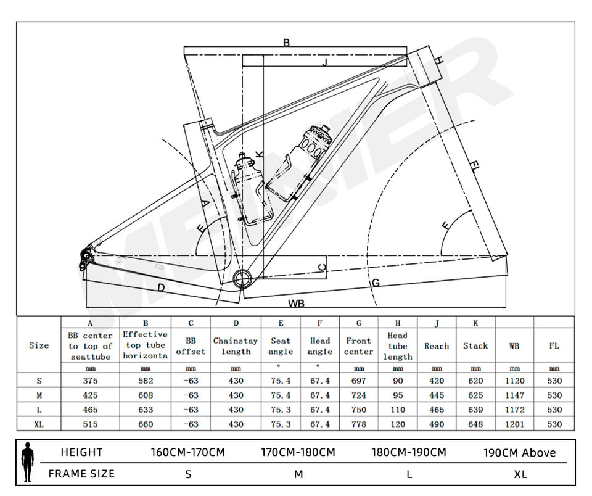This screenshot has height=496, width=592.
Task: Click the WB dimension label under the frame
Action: pyautogui.click(x=296, y=304)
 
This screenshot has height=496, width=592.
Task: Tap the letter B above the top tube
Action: pyautogui.click(x=286, y=43)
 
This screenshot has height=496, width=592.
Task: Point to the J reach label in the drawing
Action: pyautogui.click(x=324, y=62)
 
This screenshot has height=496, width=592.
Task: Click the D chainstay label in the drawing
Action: pyautogui.click(x=160, y=287)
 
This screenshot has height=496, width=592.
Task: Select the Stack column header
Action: pyautogui.click(x=475, y=346)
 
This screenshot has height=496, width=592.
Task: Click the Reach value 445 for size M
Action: pyautogui.click(x=437, y=395)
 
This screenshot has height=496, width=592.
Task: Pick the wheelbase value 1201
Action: pyautogui.click(x=514, y=424)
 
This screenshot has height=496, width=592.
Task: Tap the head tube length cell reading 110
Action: pyautogui.click(x=398, y=410)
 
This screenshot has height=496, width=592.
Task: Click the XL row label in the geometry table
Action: pyautogui.click(x=38, y=424)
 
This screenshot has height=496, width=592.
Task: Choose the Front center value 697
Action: pyautogui.click(x=359, y=381)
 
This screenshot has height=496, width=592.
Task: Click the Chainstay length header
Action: pyautogui.click(x=236, y=346)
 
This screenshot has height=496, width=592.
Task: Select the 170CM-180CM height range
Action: pyautogui.click(x=298, y=452)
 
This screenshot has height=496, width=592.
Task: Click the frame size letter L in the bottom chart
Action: pyautogui.click(x=409, y=474)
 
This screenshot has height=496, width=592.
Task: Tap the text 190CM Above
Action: pyautogui.click(x=519, y=453)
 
